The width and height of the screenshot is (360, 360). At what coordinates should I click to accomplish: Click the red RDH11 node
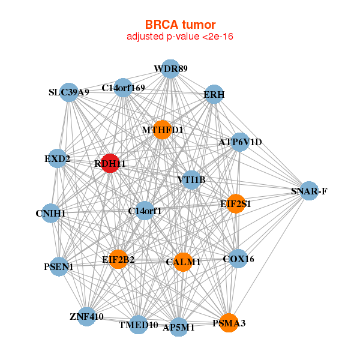[109, 163]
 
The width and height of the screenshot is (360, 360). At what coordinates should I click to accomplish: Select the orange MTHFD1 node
[162, 130]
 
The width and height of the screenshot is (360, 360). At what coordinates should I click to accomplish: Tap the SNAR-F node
[308, 191]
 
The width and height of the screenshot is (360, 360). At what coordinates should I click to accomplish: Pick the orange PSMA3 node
[228, 323]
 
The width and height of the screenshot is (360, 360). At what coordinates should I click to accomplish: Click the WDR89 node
[170, 69]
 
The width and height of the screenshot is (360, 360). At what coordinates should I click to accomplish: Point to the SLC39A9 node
[70, 92]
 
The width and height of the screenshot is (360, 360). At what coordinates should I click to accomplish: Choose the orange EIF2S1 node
[236, 203]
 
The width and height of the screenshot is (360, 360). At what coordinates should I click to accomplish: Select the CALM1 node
[183, 262]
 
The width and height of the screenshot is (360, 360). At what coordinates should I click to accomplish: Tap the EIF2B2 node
[118, 260]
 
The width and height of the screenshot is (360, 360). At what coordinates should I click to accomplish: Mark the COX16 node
[238, 259]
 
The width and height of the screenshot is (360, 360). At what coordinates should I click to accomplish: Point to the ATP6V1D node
[240, 142]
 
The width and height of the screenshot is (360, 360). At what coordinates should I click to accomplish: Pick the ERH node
[214, 95]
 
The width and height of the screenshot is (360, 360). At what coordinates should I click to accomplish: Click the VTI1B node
[191, 179]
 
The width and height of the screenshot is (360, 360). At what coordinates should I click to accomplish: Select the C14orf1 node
[145, 211]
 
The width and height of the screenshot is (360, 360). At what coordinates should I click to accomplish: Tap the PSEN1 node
[59, 266]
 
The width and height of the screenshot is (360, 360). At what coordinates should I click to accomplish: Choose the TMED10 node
[138, 325]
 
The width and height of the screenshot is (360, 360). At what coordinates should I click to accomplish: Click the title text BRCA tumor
[180, 25]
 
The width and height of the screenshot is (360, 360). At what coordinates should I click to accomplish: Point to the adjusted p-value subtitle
[180, 37]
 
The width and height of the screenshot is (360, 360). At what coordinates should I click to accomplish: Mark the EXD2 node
[57, 159]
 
